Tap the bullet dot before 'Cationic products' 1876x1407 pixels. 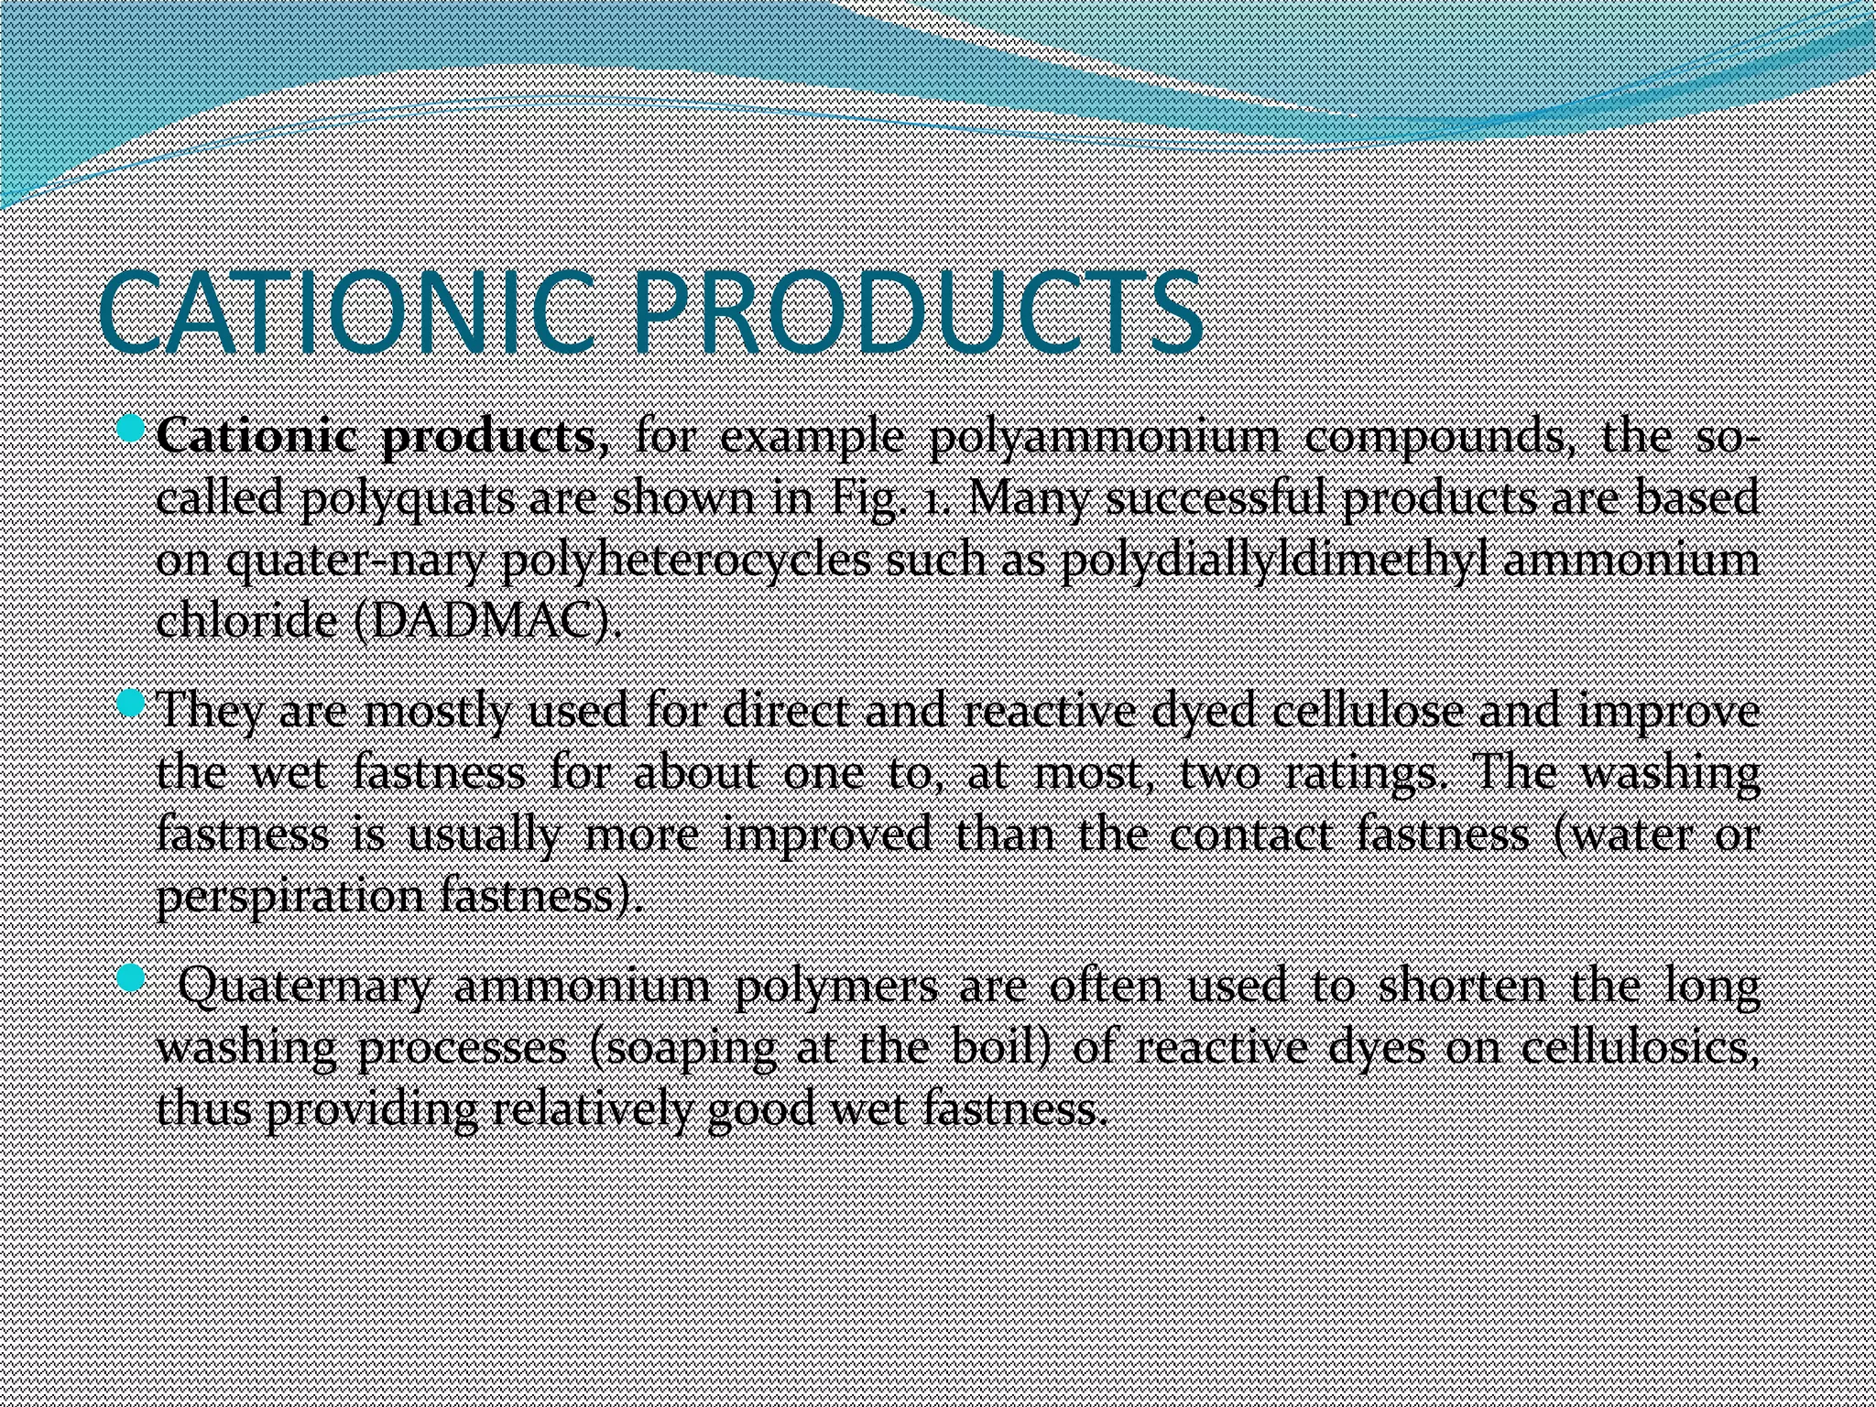133,428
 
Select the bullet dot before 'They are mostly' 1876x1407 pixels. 133,703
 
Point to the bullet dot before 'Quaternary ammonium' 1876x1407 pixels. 133,978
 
